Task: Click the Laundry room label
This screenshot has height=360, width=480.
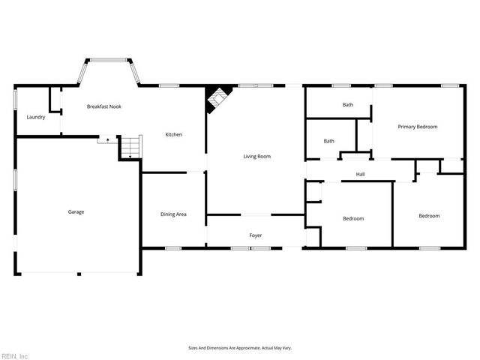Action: point(36,117)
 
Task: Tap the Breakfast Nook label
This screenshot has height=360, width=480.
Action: point(104,106)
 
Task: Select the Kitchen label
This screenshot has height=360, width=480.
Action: point(174,134)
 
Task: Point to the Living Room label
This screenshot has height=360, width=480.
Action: point(256,156)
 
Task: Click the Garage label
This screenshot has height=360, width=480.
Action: point(76,211)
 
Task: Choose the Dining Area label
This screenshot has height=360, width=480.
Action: point(173,214)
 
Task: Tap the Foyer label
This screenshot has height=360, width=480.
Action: point(256,235)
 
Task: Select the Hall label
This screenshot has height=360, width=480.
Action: point(360,174)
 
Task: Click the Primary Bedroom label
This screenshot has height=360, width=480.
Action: point(418,127)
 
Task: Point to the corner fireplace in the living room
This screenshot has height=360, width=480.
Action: point(217,98)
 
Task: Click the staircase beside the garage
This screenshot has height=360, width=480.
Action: point(130,148)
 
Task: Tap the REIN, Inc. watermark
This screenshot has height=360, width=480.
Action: point(15,355)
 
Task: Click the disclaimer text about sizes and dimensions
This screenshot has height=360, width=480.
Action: point(239,348)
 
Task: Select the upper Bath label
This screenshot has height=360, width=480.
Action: point(348,105)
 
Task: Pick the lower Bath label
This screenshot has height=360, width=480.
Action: point(329,141)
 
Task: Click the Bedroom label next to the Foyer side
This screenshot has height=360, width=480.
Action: point(353,218)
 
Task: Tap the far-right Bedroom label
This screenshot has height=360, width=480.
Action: point(429,216)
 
